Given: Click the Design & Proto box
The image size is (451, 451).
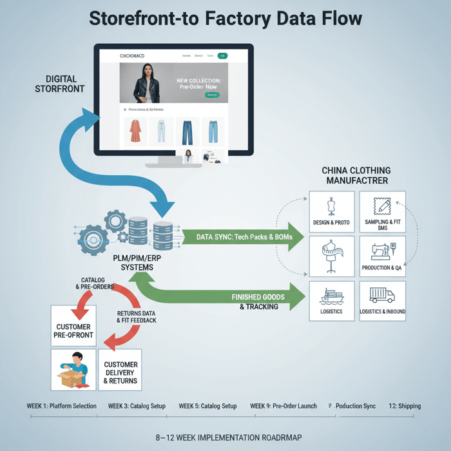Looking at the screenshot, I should click(332, 211).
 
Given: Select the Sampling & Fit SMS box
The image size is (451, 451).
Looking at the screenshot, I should click(382, 211).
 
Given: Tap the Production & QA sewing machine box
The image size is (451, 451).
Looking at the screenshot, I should click(382, 256).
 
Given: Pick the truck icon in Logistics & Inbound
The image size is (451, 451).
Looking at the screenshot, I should click(382, 295).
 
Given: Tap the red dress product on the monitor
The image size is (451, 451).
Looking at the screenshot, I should click(135, 131).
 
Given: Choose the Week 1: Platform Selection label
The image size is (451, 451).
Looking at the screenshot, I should click(62, 406).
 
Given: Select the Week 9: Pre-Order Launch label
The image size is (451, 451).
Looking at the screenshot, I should click(283, 406).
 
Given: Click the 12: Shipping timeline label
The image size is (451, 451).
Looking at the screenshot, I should click(405, 406).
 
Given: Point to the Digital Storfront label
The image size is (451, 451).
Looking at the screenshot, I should click(59, 83).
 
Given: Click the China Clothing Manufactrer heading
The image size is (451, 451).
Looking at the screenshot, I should click(356, 175).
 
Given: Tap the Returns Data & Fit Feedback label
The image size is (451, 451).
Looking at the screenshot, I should click(137, 316).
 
